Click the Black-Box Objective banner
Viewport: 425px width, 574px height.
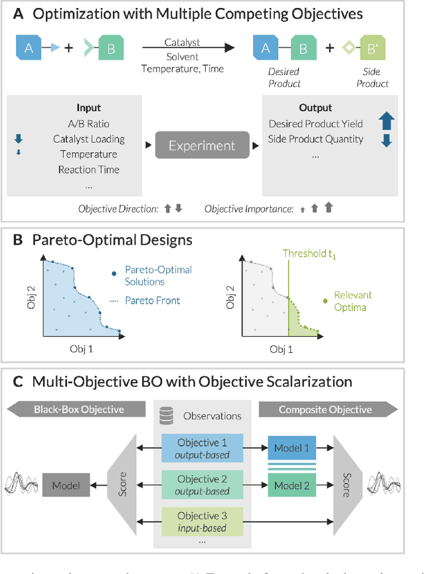point(79,409)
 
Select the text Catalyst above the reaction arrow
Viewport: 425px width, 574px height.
point(183,43)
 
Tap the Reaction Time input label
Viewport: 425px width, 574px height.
point(88,169)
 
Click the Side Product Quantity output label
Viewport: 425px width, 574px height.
point(315,139)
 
